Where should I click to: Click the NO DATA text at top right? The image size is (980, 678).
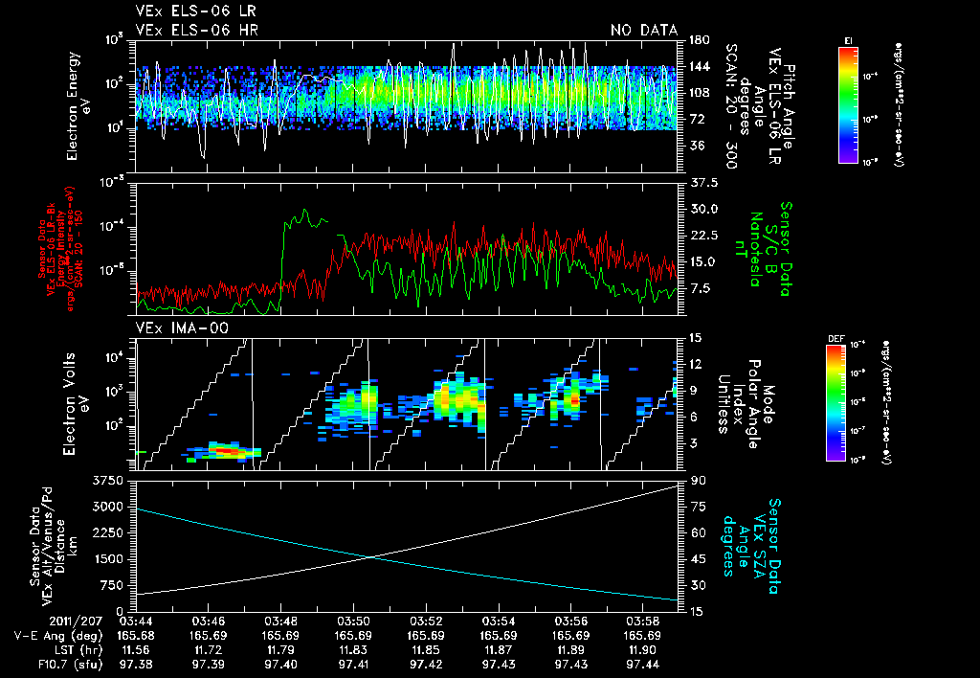pos(644,30)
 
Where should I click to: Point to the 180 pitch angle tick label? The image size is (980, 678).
pos(697,39)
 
